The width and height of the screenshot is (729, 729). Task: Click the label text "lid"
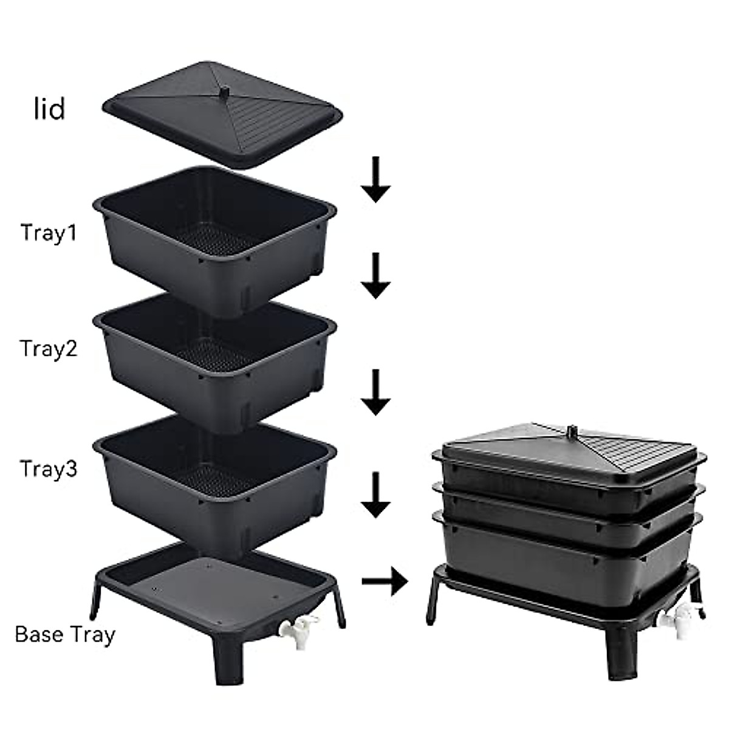(49, 109)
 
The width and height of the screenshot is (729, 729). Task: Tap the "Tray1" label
(49, 233)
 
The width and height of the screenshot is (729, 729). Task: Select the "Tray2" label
(49, 349)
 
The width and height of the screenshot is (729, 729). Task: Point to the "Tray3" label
(49, 469)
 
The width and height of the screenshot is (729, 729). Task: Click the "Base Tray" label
(65, 634)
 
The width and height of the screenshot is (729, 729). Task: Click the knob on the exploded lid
(224, 92)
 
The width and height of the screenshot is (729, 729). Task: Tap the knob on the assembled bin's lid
(570, 432)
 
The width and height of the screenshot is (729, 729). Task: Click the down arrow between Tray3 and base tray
(376, 495)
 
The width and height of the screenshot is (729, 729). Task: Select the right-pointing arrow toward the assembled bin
(384, 582)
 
